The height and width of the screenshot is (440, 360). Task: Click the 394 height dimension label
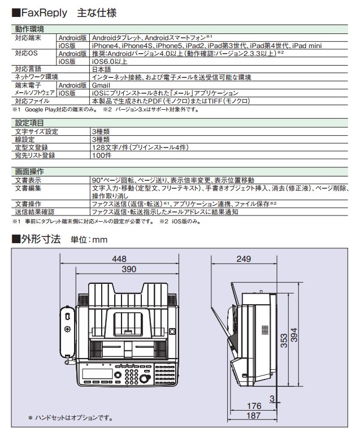point(294,337)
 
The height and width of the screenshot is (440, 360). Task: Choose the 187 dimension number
point(255,416)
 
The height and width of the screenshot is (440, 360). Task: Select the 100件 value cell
point(102,155)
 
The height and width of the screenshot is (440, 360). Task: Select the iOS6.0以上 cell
point(110,61)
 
